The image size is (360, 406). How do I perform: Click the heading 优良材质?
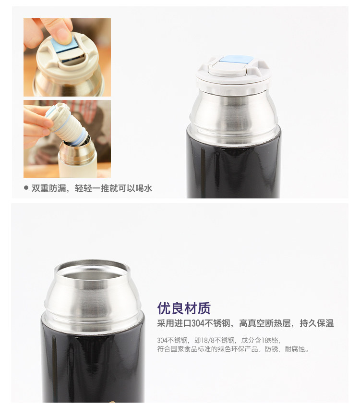point(184,308)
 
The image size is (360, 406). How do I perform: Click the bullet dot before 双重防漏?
point(26,188)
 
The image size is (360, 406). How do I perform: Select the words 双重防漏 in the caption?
point(48,188)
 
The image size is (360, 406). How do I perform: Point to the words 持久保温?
point(317,323)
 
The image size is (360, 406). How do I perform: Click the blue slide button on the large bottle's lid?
point(236,60)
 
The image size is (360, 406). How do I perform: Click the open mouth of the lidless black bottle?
point(92,270)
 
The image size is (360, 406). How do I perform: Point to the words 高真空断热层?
point(265,323)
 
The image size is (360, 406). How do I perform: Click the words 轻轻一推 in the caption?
point(92,188)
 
